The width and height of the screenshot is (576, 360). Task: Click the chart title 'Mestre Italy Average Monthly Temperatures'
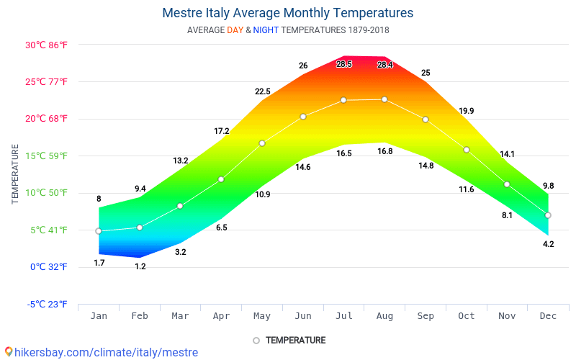(287, 13)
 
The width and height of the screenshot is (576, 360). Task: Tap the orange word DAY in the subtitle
(235, 30)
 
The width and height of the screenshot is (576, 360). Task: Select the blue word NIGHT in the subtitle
(266, 30)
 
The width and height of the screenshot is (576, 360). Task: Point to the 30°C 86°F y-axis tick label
(46, 45)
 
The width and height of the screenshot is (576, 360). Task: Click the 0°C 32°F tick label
(49, 267)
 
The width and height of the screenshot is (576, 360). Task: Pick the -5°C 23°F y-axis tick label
(48, 304)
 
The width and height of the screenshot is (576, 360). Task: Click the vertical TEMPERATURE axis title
(15, 174)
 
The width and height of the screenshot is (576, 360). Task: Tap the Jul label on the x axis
(343, 316)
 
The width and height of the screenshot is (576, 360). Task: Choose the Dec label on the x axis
(548, 316)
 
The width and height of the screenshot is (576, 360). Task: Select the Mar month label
(180, 316)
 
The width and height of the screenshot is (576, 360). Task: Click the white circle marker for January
(99, 231)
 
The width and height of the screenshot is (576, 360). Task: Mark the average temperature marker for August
(384, 99)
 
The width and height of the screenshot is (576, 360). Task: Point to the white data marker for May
(262, 143)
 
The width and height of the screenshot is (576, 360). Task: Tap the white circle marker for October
(467, 150)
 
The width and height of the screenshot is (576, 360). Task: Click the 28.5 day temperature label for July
(344, 64)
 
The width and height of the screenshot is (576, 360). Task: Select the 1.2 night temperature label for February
(140, 266)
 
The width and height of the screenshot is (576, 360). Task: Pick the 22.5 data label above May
(262, 91)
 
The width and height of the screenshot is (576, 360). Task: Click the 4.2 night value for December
(548, 244)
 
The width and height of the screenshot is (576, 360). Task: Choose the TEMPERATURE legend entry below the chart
(289, 340)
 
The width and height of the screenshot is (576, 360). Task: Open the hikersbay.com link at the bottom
(101, 353)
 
